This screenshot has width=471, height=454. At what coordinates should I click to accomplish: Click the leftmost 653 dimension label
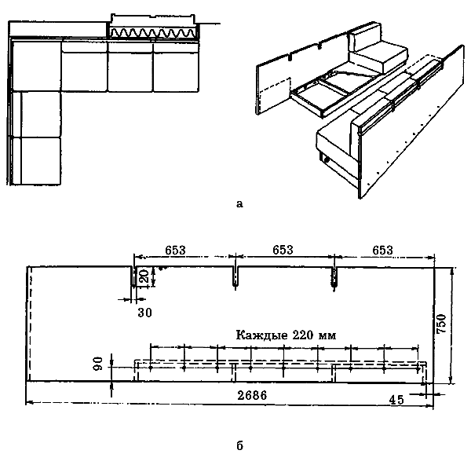pos(175,251)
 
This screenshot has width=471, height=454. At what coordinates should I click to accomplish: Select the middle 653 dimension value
pos(283,250)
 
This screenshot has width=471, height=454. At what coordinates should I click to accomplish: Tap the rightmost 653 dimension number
pos(382,251)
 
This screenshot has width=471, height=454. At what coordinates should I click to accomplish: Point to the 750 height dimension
pos(442,324)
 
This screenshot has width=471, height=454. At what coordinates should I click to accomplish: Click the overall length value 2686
pos(252,395)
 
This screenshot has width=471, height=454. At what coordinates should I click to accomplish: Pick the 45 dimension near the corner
pos(396,400)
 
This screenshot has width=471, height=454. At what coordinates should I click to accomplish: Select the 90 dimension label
pos(98,364)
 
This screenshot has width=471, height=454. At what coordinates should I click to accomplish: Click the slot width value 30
pos(144,313)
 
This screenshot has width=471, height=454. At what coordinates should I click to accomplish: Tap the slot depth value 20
pos(144,276)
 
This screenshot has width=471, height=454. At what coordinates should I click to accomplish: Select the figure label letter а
pos(239,204)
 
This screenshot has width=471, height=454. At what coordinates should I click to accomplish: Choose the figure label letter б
pos(239,445)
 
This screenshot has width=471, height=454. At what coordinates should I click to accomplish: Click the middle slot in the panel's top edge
pos(235,276)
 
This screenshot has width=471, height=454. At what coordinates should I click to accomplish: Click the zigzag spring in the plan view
pos(153,32)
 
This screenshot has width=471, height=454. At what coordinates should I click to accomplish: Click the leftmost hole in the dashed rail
pos(151,368)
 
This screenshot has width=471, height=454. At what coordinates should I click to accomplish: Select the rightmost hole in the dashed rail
pos(418,368)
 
